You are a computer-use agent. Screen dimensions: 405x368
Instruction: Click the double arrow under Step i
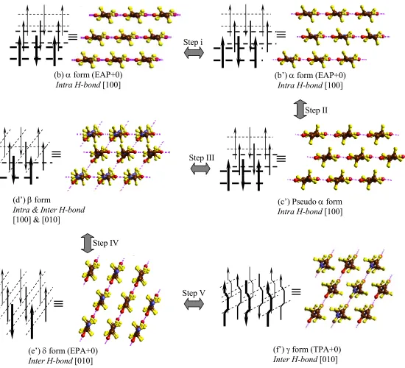click(194, 53)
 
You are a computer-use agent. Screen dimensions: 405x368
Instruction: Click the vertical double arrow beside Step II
click(300, 109)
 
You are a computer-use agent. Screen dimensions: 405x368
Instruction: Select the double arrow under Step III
click(200, 169)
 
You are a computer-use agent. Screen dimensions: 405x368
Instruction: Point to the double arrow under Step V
click(194, 304)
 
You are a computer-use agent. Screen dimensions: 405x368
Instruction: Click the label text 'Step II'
click(317, 110)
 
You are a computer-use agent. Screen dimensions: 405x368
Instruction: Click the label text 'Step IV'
click(105, 243)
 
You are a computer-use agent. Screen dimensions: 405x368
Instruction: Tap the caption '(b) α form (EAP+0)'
click(88, 75)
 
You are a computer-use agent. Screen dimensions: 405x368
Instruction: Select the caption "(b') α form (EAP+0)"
click(310, 75)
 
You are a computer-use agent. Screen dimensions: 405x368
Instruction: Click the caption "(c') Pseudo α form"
click(310, 202)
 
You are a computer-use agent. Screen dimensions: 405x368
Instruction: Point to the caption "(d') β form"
click(32, 200)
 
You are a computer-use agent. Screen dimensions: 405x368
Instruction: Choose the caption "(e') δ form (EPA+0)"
click(63, 351)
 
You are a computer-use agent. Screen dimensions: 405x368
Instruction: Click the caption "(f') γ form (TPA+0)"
click(307, 350)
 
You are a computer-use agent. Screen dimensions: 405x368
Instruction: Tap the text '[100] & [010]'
click(36, 220)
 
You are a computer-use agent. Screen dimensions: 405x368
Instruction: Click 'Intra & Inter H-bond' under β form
click(49, 210)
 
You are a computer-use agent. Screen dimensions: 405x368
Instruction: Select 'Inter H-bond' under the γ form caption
click(296, 359)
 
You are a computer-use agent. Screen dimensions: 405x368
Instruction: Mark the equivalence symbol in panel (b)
click(73, 37)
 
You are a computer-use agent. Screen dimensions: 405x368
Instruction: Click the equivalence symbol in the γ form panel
click(296, 292)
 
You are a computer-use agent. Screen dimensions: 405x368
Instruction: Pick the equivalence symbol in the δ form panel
click(58, 303)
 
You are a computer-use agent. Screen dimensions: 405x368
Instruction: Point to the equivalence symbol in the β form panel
click(56, 154)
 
